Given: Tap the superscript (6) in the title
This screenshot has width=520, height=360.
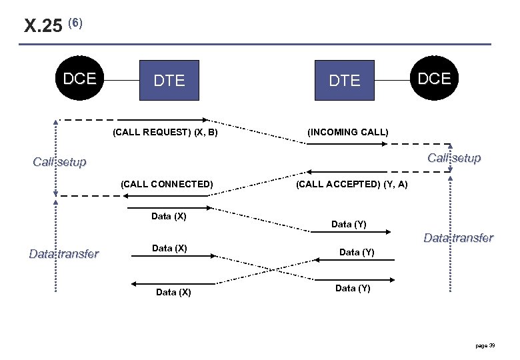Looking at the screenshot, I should [75, 23].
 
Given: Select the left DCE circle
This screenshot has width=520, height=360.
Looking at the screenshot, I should [79, 79].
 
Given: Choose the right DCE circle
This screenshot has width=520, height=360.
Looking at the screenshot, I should [434, 79].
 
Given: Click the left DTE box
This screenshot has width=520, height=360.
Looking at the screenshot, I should [169, 80].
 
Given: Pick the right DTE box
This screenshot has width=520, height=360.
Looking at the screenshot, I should [344, 80].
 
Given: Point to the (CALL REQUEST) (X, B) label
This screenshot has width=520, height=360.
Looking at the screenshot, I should [165, 132].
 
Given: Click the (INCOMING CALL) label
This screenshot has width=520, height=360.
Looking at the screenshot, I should [347, 132].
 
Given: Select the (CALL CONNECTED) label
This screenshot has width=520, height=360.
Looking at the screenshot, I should [167, 184].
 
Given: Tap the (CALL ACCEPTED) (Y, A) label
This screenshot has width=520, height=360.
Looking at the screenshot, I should [351, 184].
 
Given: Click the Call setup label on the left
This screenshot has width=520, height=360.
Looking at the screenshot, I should [59, 162].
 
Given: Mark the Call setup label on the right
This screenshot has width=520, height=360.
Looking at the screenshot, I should [453, 158].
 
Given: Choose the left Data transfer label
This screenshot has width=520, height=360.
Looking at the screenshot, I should [63, 253].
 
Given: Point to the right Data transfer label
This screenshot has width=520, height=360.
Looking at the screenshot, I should [458, 238].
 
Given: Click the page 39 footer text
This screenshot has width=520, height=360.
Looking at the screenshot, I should [485, 345].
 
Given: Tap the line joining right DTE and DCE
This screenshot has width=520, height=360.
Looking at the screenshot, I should [391, 79].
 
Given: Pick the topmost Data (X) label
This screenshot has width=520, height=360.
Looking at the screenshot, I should [169, 216].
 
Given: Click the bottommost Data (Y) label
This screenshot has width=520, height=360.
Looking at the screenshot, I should [353, 288].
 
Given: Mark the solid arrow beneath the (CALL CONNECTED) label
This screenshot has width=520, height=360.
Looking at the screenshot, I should [167, 195].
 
